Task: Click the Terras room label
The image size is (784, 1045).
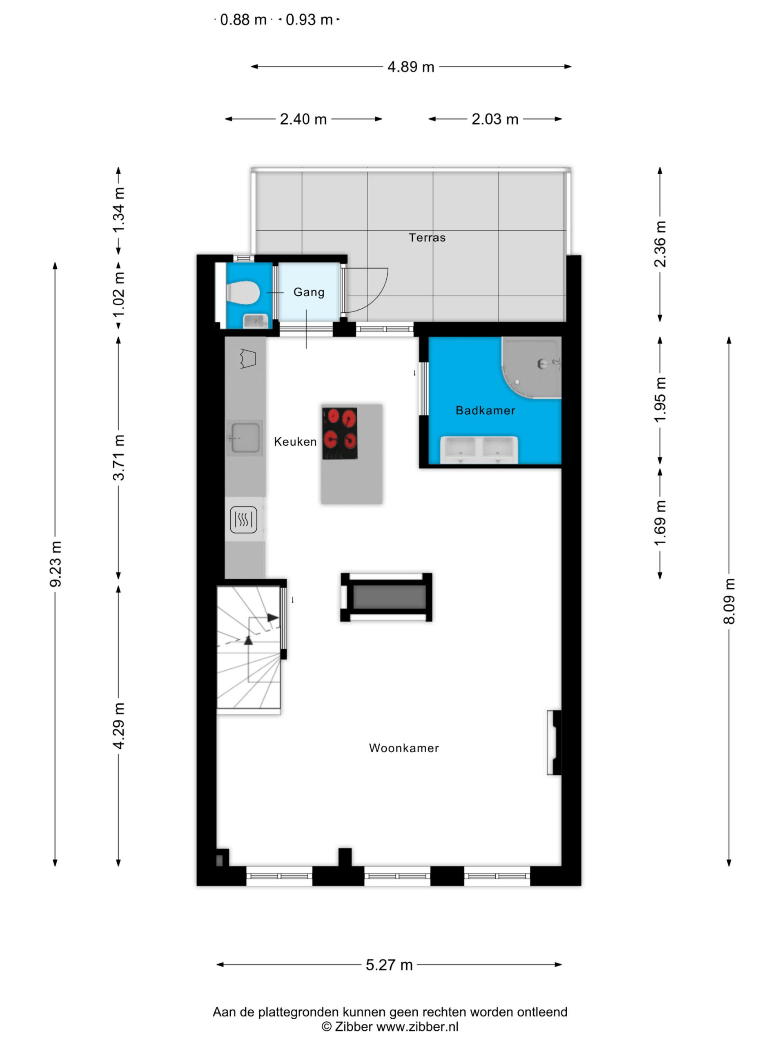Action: [427, 237]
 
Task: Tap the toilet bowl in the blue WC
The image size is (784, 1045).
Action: [243, 292]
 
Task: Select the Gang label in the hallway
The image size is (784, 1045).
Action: [309, 292]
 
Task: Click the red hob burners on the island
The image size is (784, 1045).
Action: [340, 433]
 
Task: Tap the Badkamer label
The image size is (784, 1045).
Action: [486, 410]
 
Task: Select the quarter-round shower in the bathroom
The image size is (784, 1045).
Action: [532, 367]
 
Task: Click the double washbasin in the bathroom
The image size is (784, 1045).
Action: [479, 450]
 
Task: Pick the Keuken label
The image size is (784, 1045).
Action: [295, 442]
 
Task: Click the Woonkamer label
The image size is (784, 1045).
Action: [404, 748]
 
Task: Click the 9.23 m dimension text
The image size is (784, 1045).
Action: [56, 564]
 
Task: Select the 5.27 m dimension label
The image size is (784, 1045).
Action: [390, 965]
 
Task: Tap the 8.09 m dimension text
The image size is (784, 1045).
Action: [729, 601]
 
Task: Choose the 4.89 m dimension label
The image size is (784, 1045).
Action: [411, 67]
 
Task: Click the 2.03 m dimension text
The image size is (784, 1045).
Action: [495, 119]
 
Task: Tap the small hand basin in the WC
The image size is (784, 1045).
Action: [255, 321]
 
